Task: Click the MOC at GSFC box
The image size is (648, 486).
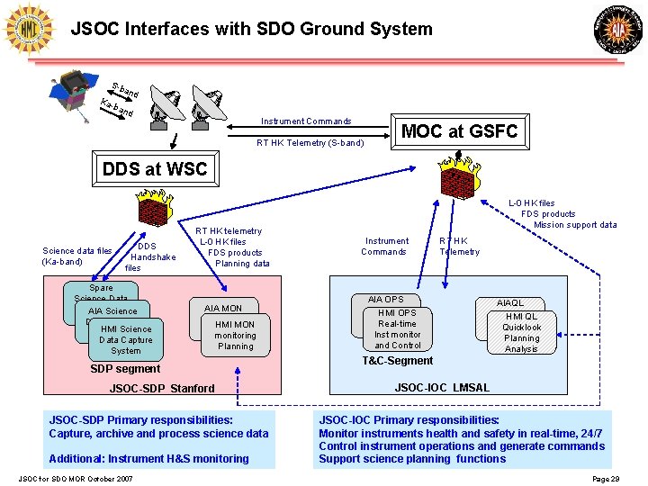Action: tap(459, 131)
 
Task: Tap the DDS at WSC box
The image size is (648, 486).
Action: tap(155, 168)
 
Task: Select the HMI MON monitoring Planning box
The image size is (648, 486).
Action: tap(235, 335)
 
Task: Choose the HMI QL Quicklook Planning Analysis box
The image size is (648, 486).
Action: tap(521, 332)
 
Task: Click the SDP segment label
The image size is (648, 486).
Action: tap(126, 369)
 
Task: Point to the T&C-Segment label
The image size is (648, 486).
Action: tap(397, 361)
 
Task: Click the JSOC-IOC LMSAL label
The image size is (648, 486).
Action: tap(442, 388)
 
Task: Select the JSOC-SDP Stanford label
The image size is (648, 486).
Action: tap(162, 389)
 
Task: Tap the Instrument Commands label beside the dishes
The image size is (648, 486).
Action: tap(306, 121)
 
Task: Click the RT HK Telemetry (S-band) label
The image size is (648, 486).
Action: tap(310, 143)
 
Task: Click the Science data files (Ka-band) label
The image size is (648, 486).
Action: tap(77, 256)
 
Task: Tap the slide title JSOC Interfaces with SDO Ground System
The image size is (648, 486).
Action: tap(251, 29)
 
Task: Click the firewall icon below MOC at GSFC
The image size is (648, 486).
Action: tap(457, 177)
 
